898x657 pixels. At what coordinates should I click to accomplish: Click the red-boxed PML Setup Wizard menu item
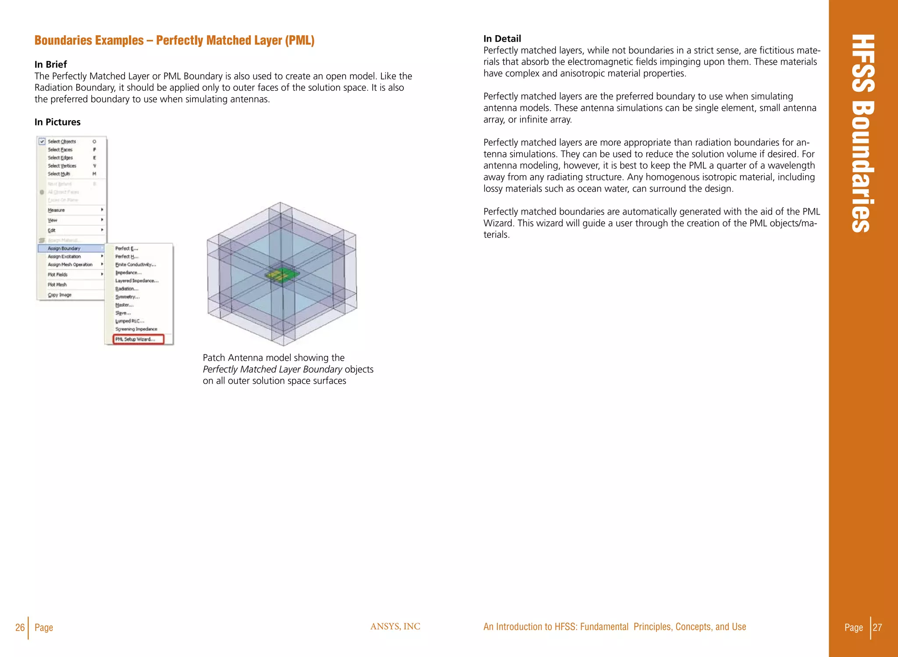point(138,339)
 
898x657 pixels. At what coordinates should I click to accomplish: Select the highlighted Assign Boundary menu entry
point(64,248)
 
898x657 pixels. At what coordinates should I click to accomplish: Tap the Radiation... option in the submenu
point(127,289)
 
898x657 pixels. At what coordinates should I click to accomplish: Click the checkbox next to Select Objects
point(42,141)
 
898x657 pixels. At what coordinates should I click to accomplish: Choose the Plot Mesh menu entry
point(57,284)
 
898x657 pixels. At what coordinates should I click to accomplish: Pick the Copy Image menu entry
point(60,295)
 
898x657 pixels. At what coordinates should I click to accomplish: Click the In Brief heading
point(50,65)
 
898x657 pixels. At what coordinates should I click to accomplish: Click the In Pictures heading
point(57,122)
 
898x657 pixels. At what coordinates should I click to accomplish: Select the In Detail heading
point(502,39)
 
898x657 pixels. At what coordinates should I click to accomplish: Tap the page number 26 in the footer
point(20,627)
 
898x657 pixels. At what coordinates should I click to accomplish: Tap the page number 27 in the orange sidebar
point(877,627)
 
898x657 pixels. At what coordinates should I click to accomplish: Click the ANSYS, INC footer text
point(395,626)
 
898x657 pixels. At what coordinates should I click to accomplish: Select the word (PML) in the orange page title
point(300,40)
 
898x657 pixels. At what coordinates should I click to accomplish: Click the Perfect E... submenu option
point(126,248)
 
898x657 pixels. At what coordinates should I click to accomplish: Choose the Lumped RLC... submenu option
point(129,321)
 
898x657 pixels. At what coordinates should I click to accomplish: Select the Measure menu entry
point(56,210)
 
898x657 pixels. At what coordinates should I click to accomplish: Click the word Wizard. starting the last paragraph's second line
point(498,223)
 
